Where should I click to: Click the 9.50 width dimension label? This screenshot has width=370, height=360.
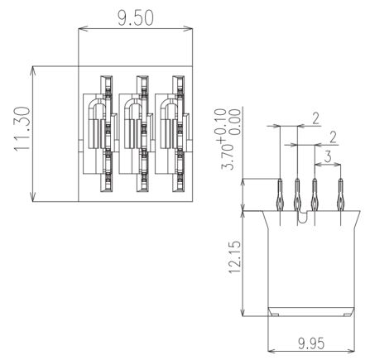coord(135,18)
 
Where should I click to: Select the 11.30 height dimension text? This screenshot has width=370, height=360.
coord(22,129)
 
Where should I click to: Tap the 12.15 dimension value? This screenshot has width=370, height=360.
coord(235,257)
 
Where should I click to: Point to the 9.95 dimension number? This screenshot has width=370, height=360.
coord(311,343)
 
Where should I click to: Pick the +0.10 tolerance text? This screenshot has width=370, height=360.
coord(221,126)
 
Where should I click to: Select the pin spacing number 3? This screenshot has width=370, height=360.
coord(328,156)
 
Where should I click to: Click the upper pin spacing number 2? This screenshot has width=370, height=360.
coord(315,118)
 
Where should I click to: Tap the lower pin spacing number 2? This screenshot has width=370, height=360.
coord(334,137)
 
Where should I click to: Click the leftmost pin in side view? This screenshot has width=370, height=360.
coord(280,195)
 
